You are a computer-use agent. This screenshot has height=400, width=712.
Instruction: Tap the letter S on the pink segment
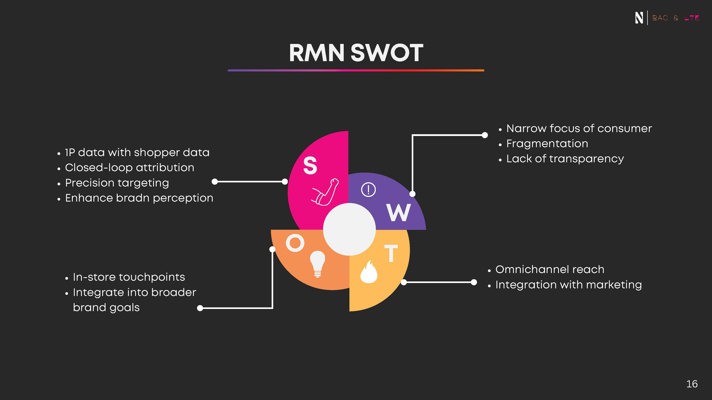(310, 165)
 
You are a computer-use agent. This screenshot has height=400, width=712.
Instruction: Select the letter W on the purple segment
(399, 213)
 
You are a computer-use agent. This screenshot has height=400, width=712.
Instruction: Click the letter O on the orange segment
(295, 243)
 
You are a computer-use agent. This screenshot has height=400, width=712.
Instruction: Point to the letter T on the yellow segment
(391, 253)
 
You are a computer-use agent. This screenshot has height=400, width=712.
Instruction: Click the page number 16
(692, 384)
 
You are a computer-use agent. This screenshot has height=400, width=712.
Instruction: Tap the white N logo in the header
(639, 18)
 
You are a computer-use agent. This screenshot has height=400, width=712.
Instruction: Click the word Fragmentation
(547, 144)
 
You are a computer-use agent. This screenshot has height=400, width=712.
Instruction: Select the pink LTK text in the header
(692, 18)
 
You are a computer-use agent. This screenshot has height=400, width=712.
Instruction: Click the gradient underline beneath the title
(356, 70)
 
